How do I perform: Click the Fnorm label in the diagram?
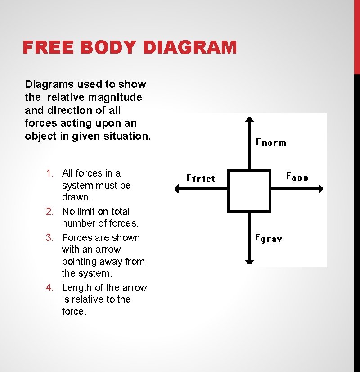271,143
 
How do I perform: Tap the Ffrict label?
201,178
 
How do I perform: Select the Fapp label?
297,177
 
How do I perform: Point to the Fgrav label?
269,238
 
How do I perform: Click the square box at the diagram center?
249,191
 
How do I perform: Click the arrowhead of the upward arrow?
249,120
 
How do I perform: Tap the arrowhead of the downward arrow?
249,261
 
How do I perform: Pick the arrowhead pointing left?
177,189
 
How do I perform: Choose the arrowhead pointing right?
321,189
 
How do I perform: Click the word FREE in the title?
45,47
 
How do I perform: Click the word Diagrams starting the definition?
48,84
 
